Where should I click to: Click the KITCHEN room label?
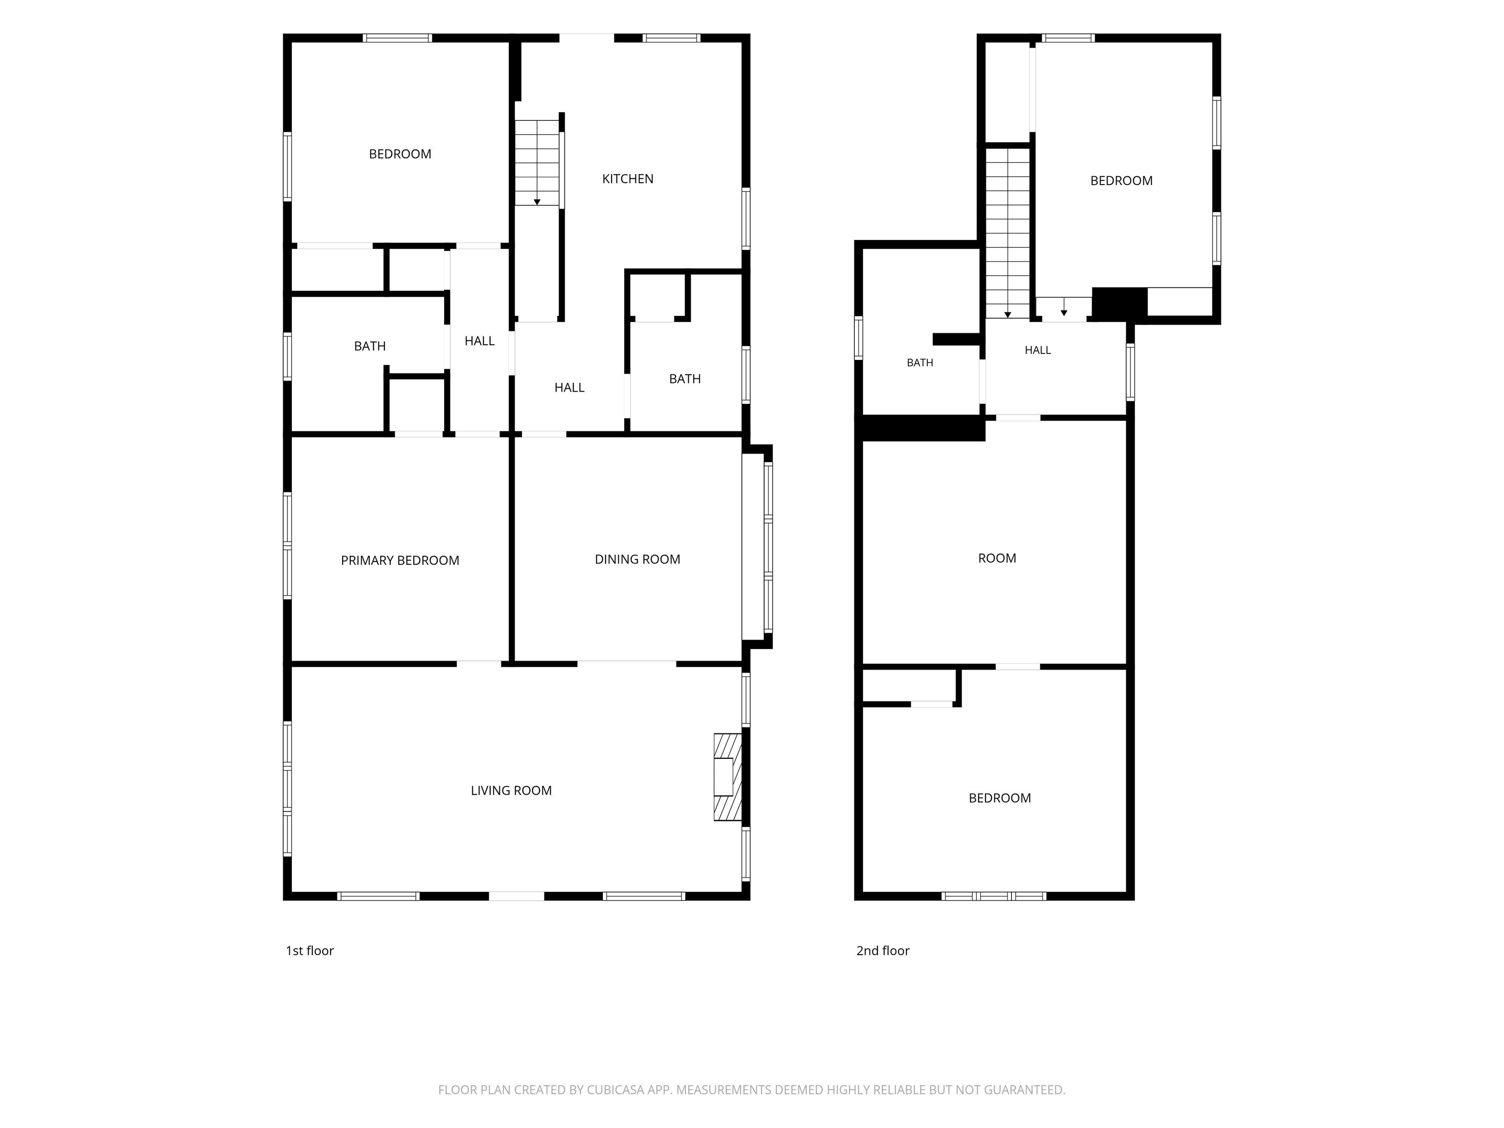(628, 179)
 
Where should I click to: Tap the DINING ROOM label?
(637, 560)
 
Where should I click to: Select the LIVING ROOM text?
(511, 791)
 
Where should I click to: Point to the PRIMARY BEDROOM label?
(400, 560)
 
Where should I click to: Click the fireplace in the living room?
(728, 776)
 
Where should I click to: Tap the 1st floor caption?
(309, 951)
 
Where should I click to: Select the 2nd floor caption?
(883, 951)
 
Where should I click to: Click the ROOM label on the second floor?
(997, 558)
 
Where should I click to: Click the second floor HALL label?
(1037, 350)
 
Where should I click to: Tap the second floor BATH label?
(920, 362)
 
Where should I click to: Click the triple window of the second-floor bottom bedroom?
(993, 896)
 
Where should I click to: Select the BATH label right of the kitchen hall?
(685, 379)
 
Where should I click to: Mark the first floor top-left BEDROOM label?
(400, 154)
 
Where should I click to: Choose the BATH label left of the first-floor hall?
(370, 346)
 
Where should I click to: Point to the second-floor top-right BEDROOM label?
(1121, 181)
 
